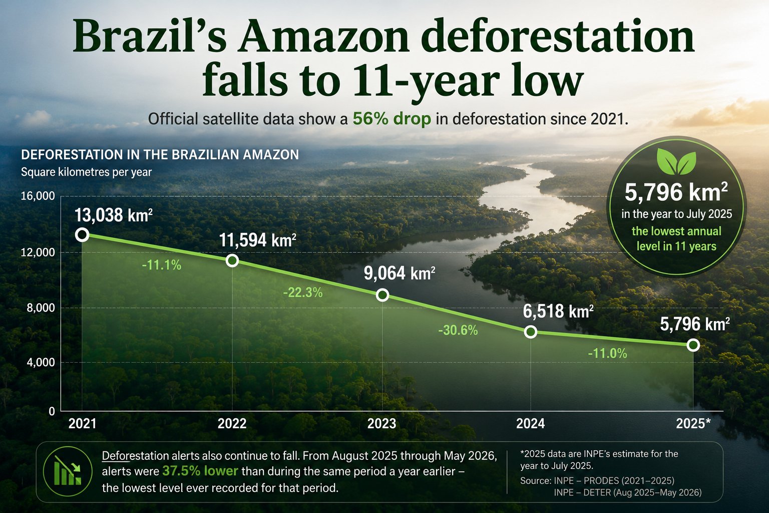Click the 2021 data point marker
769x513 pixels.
82,235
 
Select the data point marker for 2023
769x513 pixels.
382,295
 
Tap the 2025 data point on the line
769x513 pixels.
693,345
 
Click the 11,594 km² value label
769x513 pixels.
257,240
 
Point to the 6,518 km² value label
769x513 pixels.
558,311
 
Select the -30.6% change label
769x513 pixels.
458,330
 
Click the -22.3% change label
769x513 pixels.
303,293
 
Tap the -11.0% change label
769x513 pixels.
607,353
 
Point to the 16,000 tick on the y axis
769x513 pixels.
38,196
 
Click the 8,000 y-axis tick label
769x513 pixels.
41,308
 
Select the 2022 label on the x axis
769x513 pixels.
232,424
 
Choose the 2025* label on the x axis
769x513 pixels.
693,424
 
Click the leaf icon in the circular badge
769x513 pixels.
676,161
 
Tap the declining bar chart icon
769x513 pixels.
68,471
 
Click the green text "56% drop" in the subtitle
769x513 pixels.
392,119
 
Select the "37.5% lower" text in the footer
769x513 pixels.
200,471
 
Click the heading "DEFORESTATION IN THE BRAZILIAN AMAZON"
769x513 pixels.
160,155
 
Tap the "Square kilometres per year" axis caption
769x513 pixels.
86,172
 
